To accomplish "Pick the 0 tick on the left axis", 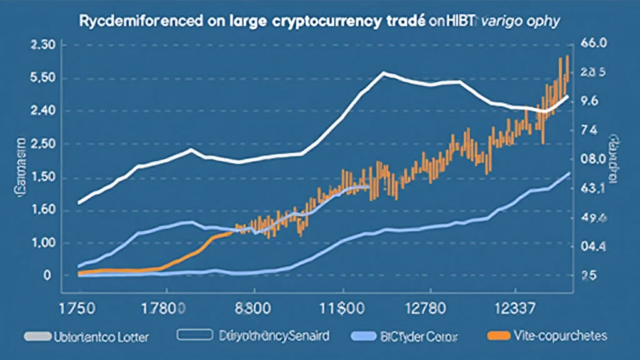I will [47, 276].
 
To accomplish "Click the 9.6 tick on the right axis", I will [590, 101].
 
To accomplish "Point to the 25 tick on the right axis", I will [589, 276].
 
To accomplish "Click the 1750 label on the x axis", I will [78, 308].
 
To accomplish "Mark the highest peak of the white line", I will [383, 73].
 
